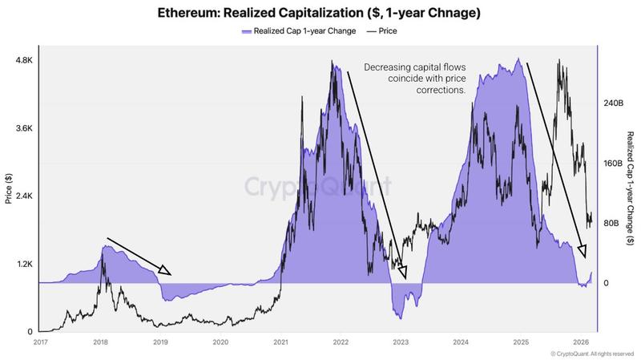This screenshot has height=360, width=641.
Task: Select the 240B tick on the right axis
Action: [x=611, y=103]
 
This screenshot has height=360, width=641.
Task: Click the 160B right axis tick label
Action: [x=611, y=164]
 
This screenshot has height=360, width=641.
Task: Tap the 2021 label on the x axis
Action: [x=280, y=341]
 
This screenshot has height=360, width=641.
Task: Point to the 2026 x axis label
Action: [x=582, y=341]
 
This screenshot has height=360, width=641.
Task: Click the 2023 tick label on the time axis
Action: [x=401, y=341]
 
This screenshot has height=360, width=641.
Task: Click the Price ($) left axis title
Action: [x=9, y=188]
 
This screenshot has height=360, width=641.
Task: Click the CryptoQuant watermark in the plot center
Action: [x=318, y=188]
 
